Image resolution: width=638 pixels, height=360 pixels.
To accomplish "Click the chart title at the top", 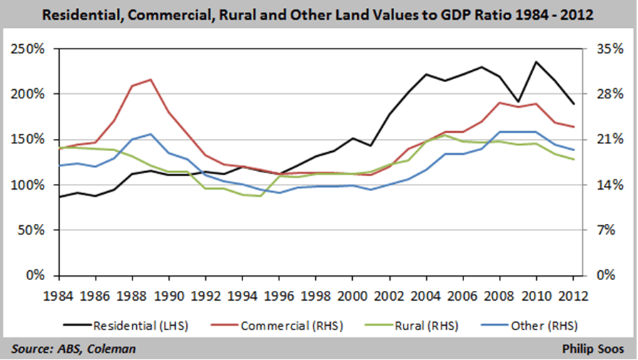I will pyautogui.click(x=319, y=14).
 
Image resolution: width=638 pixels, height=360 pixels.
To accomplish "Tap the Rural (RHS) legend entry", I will pyautogui.click(x=420, y=326).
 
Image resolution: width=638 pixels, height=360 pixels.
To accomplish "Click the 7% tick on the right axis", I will pyautogui.click(x=602, y=230).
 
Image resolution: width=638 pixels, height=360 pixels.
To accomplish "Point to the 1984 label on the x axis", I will pyautogui.click(x=61, y=294).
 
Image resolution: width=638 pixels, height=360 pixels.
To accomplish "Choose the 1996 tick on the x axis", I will pyautogui.click(x=279, y=294).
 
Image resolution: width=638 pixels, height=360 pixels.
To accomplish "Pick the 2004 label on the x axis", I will pyautogui.click(x=426, y=294).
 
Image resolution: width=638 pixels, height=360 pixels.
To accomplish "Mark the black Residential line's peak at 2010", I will pyautogui.click(x=535, y=62).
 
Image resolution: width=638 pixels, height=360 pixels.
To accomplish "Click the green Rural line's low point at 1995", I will pyautogui.click(x=261, y=196).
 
